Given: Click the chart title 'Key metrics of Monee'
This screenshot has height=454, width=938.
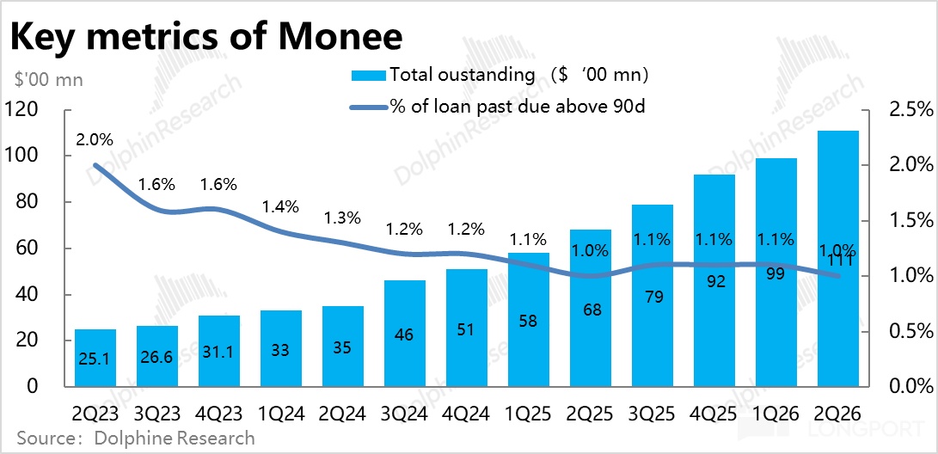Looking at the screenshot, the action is [205, 37].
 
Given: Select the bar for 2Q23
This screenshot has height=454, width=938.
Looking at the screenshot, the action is [95, 358].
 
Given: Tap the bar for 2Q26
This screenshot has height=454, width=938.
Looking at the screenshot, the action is [837, 259].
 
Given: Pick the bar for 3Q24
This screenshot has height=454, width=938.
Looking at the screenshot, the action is [404, 333].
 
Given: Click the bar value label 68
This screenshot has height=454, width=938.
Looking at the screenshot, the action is [590, 310].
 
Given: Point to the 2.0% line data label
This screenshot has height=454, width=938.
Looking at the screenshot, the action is [95, 140].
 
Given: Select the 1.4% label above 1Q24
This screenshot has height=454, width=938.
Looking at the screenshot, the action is [280, 207].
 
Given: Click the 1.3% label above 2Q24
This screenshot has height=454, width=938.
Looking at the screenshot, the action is [342, 218].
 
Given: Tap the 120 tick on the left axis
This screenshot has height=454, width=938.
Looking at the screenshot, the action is [22, 110].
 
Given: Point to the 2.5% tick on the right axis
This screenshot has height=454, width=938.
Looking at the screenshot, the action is [908, 110].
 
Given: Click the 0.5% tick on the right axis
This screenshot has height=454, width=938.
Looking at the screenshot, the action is [908, 331].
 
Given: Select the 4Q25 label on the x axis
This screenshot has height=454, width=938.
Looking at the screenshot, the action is [714, 413].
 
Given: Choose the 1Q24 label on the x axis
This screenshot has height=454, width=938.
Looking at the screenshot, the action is [280, 413].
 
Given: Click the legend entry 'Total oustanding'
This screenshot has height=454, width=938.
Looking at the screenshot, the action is [500, 76].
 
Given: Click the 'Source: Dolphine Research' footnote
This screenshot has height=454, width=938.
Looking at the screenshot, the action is [136, 438].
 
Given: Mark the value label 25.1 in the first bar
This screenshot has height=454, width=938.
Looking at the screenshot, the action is [95, 359].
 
